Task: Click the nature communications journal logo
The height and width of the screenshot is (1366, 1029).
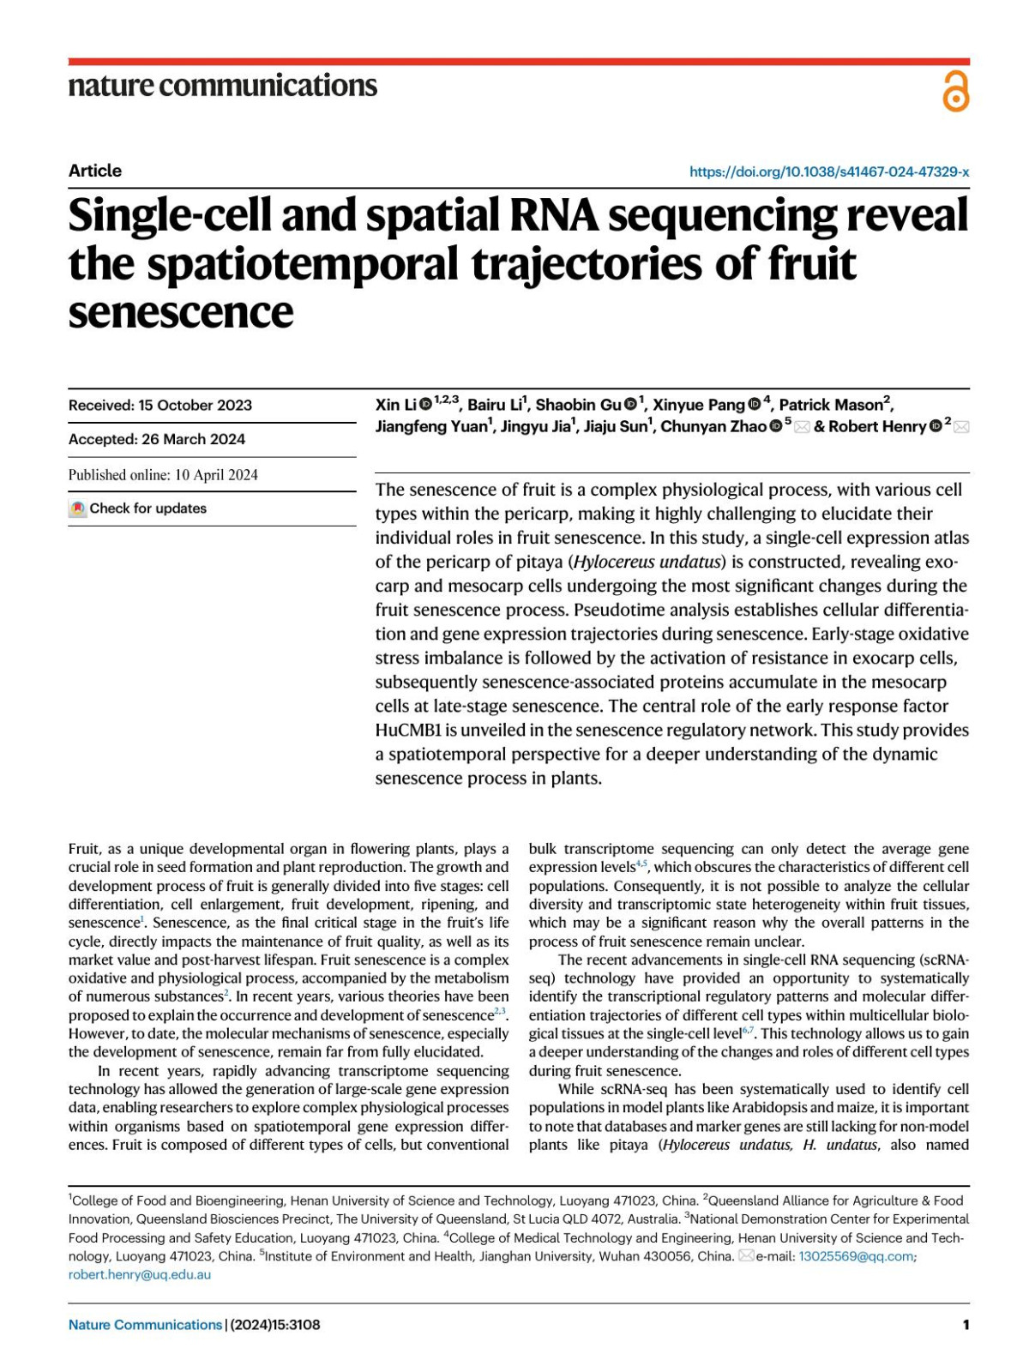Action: point(222,86)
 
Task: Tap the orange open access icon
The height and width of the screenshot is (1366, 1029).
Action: point(955,92)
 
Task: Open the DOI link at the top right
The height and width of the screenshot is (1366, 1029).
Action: point(828,172)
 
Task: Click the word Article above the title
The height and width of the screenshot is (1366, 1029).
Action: point(95,171)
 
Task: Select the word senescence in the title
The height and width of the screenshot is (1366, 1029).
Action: point(180,312)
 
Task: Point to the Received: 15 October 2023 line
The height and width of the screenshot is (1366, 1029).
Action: point(160,406)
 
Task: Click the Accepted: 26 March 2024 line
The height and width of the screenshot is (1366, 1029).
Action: point(157,439)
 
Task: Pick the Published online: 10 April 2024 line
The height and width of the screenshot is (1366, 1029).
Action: point(163,475)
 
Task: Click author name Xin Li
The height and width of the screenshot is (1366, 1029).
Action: point(395,405)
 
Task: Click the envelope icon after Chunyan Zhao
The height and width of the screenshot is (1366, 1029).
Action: point(802,427)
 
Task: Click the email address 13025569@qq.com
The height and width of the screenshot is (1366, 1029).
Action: point(856,1256)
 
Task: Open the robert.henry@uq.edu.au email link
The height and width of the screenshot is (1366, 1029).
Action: point(140,1274)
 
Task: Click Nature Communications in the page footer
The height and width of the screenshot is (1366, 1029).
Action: point(145,1325)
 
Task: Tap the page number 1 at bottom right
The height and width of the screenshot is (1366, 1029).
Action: point(966,1325)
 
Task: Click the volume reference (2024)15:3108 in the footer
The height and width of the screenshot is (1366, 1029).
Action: point(275,1325)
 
